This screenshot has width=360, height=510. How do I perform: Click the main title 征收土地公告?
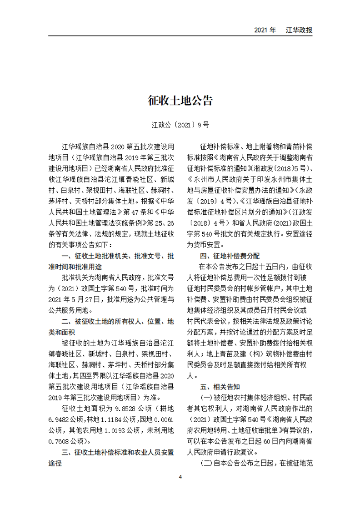[180, 101]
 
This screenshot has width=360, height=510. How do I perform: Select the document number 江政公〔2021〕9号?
[180, 124]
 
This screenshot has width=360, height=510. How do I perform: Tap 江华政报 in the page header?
[299, 30]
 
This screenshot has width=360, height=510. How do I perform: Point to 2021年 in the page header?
[265, 30]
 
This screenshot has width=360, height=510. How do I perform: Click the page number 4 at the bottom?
[180, 477]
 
